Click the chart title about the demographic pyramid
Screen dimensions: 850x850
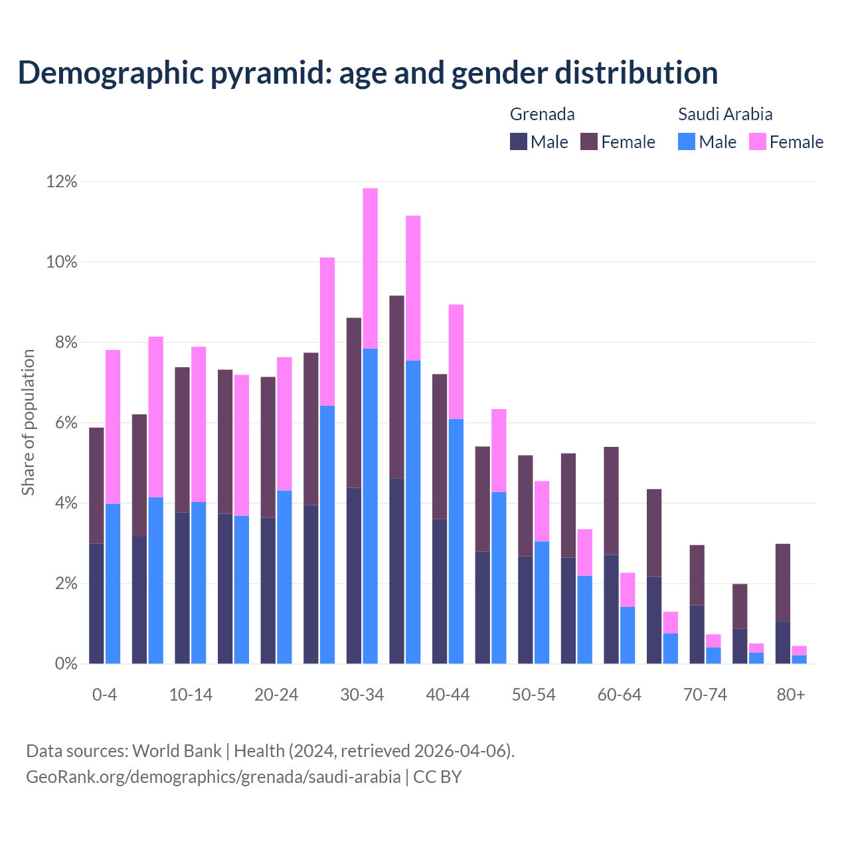[x=367, y=73]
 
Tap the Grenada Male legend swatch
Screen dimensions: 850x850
[x=519, y=141]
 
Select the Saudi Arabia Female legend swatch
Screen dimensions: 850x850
[x=757, y=141]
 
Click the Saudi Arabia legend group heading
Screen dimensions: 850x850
[x=724, y=114]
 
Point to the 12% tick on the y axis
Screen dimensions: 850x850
[x=62, y=182]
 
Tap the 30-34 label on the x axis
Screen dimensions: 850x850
[x=362, y=695]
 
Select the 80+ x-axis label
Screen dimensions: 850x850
[x=790, y=695]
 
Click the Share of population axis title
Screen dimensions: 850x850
[x=28, y=422]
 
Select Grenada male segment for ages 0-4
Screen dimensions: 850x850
[x=96, y=603]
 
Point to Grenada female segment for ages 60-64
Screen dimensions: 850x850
[x=611, y=501]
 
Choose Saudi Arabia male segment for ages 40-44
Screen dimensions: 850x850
[x=456, y=541]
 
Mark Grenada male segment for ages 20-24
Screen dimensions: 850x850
[x=268, y=590]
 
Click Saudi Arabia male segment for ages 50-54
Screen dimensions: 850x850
[x=542, y=602]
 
